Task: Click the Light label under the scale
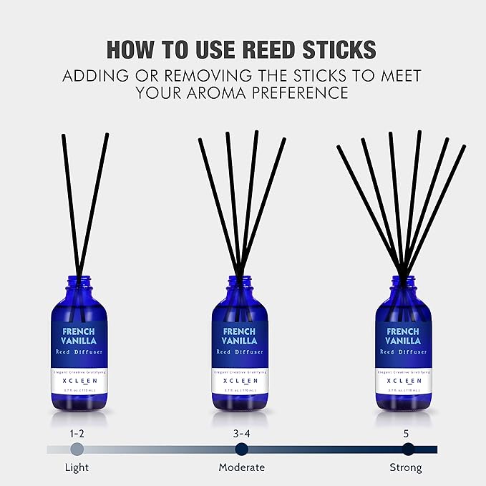(77, 467)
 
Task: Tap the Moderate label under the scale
(242, 467)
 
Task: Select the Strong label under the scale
(407, 467)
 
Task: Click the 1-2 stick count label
(77, 432)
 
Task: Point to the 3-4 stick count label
(242, 432)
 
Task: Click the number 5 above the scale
(407, 432)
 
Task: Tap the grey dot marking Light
(77, 449)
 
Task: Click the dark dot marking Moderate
(242, 449)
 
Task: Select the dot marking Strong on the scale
(408, 449)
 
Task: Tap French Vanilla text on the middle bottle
(239, 336)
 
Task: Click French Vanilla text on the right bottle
(403, 336)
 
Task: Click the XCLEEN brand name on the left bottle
(79, 381)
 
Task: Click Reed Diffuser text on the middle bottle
(239, 352)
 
